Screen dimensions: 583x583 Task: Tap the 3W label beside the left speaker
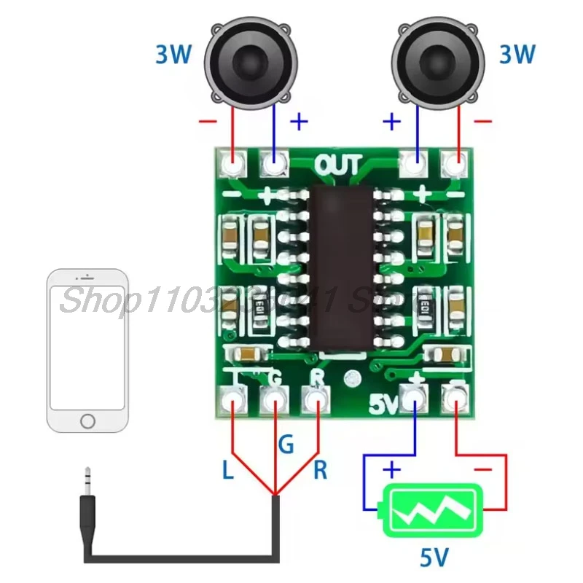(173, 54)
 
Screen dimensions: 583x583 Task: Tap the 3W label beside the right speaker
(517, 54)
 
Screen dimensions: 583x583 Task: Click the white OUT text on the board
(338, 165)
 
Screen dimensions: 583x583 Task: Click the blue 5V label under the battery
(435, 558)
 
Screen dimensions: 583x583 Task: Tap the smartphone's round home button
(87, 421)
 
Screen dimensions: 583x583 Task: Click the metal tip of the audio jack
(87, 482)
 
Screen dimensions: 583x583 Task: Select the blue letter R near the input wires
(320, 470)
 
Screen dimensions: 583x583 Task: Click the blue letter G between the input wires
(286, 443)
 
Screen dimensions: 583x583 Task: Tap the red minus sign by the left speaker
(207, 121)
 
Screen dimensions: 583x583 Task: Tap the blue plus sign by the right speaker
(392, 121)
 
